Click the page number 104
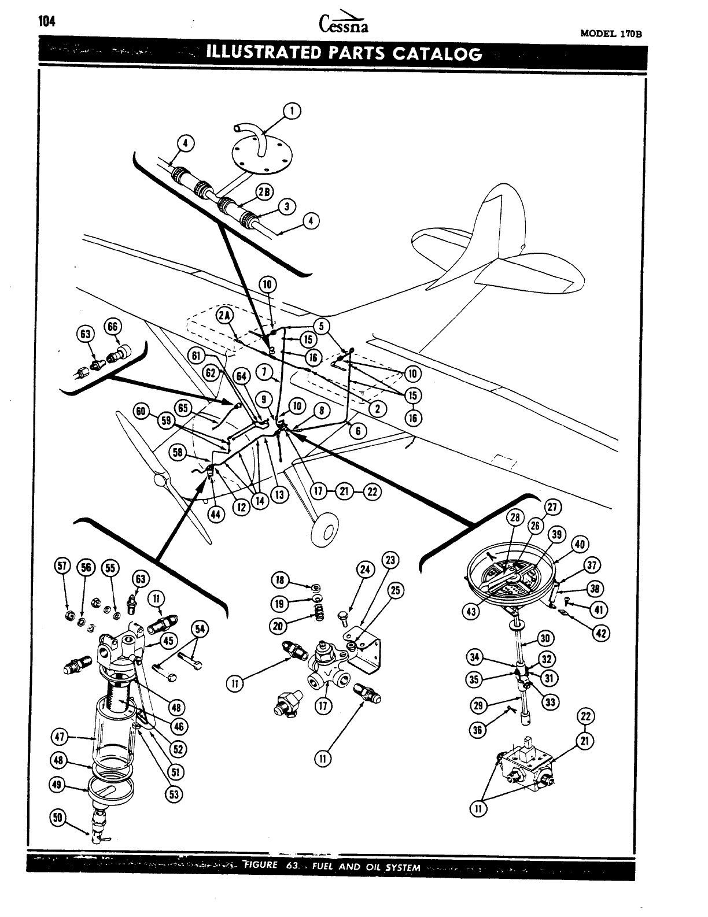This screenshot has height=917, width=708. (45, 22)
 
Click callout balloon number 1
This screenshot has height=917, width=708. (293, 111)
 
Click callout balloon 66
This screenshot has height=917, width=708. (112, 327)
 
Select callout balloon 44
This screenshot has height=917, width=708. (217, 515)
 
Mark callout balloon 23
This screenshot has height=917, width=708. (390, 560)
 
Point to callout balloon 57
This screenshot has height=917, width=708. (63, 567)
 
